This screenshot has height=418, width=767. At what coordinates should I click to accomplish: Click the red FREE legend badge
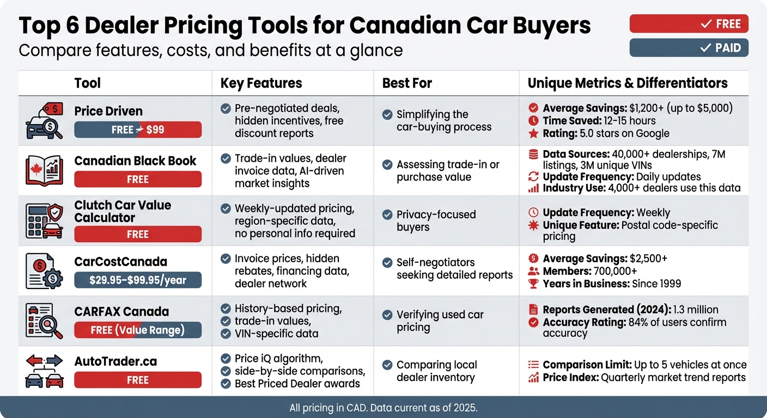[x=689, y=24]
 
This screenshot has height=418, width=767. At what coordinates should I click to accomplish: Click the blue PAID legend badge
[x=689, y=48]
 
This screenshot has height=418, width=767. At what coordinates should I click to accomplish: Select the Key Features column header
[x=261, y=83]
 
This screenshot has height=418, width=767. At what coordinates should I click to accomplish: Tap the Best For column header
[x=407, y=83]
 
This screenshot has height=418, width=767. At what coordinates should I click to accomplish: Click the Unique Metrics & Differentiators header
[x=628, y=83]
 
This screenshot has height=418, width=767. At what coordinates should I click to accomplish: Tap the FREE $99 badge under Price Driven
[x=138, y=130]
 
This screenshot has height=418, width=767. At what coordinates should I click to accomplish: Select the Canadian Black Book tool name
[x=135, y=161]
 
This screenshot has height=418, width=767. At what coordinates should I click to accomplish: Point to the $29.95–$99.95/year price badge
[x=138, y=280]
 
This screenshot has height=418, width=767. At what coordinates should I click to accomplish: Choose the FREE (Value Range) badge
[x=138, y=330]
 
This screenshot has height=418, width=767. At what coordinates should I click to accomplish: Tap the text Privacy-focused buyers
[x=436, y=220]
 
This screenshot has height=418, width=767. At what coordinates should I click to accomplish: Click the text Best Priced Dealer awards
[x=297, y=384]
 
